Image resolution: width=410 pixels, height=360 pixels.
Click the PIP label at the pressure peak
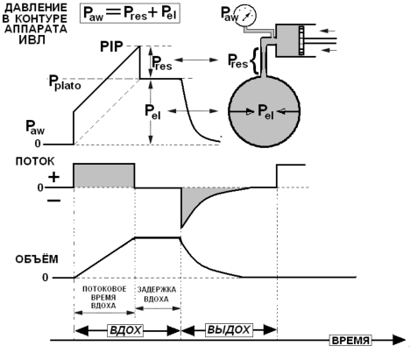tap(111, 46)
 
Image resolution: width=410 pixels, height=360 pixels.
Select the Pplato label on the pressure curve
tap(65, 82)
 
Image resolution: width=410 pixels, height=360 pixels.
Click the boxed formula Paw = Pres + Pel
tap(130, 13)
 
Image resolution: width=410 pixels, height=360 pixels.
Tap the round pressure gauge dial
tap(247, 14)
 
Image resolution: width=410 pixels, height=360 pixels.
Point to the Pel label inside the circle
tap(265, 111)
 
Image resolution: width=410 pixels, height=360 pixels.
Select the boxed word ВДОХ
tap(125, 330)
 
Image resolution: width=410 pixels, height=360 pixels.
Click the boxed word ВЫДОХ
tap(229, 330)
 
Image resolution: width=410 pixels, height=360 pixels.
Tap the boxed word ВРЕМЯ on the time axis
tap(350, 341)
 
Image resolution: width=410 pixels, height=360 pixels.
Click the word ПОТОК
tap(35, 161)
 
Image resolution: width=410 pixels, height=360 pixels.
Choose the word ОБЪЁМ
tap(37, 259)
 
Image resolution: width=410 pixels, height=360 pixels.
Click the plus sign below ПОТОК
tap(53, 177)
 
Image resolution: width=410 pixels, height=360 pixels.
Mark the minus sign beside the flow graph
tap(54, 201)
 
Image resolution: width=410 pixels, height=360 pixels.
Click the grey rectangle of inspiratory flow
tap(104, 176)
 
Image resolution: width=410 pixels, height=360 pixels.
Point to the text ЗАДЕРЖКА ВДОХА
tap(157, 294)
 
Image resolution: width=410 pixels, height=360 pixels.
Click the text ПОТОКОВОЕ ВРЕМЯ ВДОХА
tap(104, 297)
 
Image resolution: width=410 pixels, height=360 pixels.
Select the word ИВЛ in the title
tap(32, 39)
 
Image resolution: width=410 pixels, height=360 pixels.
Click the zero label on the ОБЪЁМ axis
tap(45, 278)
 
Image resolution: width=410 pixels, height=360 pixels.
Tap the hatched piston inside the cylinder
tap(301, 40)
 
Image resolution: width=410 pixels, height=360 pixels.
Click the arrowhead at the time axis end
tap(399, 340)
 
